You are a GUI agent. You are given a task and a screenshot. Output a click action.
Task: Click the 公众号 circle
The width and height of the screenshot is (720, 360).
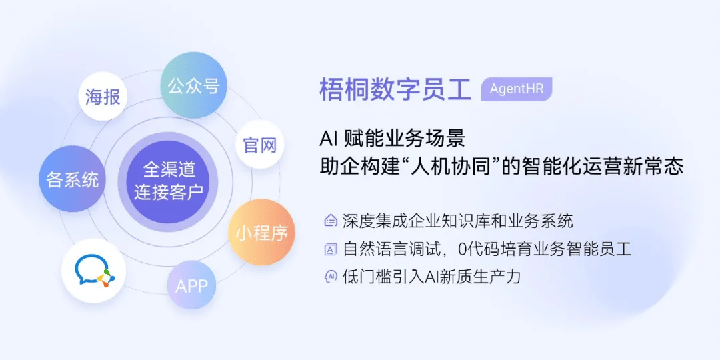click(193, 85)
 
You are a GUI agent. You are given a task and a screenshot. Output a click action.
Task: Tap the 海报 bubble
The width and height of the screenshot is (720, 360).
click(103, 97)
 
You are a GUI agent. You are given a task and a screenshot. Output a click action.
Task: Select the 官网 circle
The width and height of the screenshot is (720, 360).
click(259, 145)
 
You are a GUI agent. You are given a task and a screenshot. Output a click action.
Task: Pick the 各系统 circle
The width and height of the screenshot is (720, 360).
click(72, 179)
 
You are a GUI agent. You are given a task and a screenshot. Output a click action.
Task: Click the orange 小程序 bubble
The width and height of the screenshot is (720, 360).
click(261, 233)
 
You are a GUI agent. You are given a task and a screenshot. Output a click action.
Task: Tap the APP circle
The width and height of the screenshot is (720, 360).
click(191, 285)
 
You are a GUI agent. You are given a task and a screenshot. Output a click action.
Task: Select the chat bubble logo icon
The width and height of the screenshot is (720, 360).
click(94, 271)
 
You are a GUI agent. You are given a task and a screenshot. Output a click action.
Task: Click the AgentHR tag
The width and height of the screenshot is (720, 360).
click(516, 89)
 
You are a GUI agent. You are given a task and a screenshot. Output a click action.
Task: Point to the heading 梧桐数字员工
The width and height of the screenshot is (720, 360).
click(395, 89)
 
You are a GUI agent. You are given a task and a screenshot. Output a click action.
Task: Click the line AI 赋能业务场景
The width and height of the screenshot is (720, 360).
click(393, 138)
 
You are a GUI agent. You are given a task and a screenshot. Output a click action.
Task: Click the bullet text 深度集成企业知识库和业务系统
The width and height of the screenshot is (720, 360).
click(457, 221)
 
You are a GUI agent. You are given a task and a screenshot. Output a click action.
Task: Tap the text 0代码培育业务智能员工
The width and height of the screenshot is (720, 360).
click(545, 249)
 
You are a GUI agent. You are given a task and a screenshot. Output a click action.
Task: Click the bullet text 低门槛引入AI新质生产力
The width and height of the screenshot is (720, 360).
click(431, 277)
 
